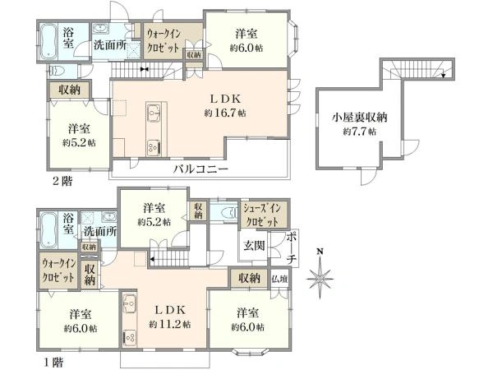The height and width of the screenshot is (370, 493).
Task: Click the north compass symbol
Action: pyautogui.click(x=320, y=276)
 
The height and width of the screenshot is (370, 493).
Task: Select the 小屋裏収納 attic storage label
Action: pyautogui.click(x=359, y=117)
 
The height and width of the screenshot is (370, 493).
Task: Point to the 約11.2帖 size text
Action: pyautogui.click(x=170, y=325)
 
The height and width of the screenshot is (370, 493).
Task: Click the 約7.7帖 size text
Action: pyautogui.click(x=359, y=132)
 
